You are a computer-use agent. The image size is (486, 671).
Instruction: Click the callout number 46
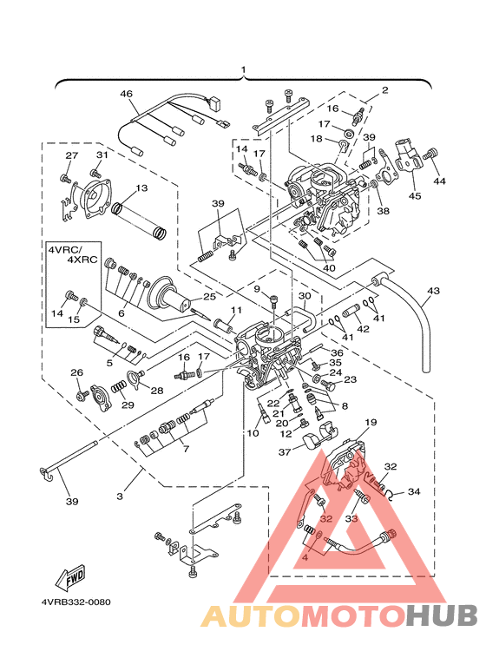click(x=126, y=94)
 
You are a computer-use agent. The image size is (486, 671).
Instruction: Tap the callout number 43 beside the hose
click(x=433, y=291)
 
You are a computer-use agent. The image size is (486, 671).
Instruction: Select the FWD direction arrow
click(x=70, y=576)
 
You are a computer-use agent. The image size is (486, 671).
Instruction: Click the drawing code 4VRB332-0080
click(x=76, y=602)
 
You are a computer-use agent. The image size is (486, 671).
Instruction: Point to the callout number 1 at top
click(x=243, y=69)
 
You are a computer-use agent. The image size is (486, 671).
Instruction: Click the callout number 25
click(x=210, y=296)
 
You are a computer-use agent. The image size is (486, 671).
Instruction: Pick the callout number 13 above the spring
click(x=141, y=187)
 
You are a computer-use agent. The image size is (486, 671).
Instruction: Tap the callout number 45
click(x=415, y=195)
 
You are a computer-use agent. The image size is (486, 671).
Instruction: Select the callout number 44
click(x=439, y=181)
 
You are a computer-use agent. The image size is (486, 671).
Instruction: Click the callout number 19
click(x=371, y=423)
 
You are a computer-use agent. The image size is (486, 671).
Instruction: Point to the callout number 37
click(x=285, y=452)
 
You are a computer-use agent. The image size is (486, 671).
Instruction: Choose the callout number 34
click(x=414, y=491)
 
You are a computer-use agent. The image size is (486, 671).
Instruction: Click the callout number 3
click(x=121, y=497)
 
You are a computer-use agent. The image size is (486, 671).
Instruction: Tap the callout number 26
click(x=76, y=372)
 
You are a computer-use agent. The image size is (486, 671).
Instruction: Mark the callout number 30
click(x=305, y=296)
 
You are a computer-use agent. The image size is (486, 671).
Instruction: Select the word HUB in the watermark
click(x=442, y=615)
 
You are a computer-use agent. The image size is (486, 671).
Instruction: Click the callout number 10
click(x=253, y=433)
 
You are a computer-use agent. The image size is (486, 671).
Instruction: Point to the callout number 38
click(x=383, y=210)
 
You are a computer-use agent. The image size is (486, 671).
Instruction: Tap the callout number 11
click(x=237, y=310)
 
